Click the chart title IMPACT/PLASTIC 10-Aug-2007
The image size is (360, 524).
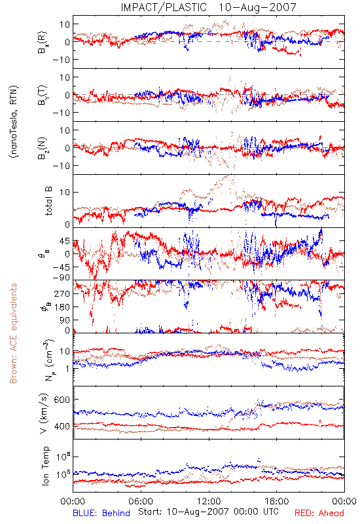(x=208, y=7)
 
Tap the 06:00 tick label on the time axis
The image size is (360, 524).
(x=141, y=501)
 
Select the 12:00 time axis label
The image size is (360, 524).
(x=209, y=501)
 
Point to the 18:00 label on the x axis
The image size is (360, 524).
(x=277, y=501)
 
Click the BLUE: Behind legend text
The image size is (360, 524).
(x=101, y=513)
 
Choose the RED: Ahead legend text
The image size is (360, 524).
(x=319, y=513)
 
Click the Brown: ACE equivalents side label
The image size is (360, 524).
(x=13, y=333)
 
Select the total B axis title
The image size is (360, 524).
(x=48, y=201)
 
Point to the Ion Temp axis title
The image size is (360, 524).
(x=45, y=466)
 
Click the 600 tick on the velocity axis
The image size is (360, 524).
(x=62, y=400)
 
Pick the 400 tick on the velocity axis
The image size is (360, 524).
(x=62, y=426)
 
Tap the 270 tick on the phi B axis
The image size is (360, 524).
(x=62, y=293)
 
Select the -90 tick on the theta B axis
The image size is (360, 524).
(x=61, y=277)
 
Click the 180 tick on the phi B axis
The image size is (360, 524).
(x=62, y=307)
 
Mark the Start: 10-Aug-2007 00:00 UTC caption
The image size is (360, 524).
(x=208, y=512)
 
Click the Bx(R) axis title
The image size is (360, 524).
(x=43, y=42)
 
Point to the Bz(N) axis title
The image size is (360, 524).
(x=43, y=148)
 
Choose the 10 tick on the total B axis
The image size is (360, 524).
(x=65, y=192)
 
